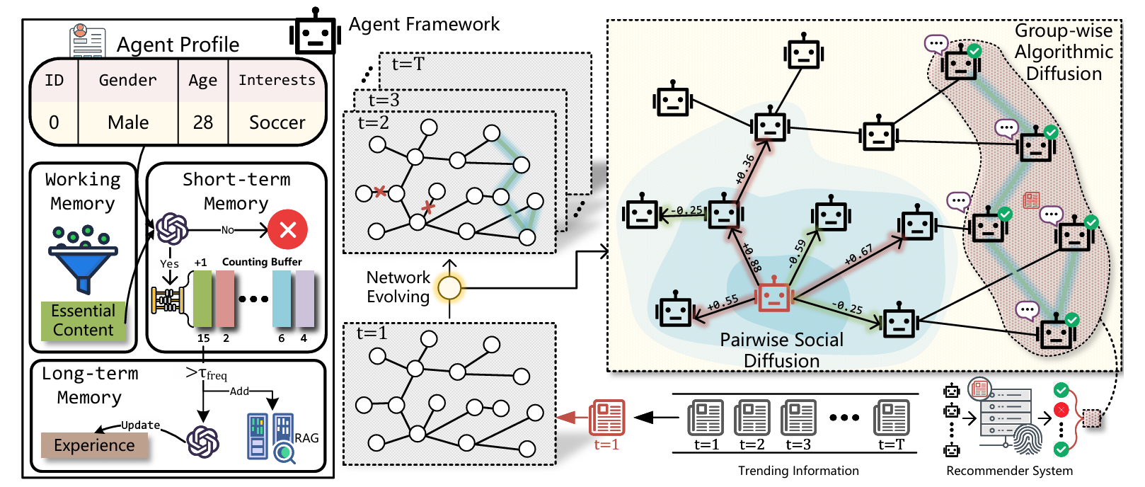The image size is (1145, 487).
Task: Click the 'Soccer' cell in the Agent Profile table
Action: tap(277, 122)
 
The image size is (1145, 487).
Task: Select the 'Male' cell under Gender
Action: tap(128, 122)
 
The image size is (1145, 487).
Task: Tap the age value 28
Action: tap(203, 122)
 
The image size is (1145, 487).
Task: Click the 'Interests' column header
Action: tap(277, 80)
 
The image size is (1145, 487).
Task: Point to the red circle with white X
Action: tap(287, 229)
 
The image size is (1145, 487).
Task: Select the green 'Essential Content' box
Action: tap(83, 321)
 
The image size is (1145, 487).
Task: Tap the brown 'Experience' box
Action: tap(94, 445)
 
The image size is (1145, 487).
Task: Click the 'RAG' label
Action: tap(307, 438)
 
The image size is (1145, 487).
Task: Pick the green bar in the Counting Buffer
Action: tap(202, 299)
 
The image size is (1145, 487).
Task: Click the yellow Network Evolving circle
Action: tap(449, 288)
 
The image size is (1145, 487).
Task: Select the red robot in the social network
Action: tap(773, 298)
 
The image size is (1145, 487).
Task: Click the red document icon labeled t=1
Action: tap(607, 418)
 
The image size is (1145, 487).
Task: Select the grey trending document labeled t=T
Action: tap(891, 418)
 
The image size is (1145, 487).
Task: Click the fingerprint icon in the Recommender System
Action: tap(1028, 439)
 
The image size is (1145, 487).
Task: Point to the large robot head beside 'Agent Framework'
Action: tap(314, 33)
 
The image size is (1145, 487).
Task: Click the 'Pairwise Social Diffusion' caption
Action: tap(781, 350)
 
